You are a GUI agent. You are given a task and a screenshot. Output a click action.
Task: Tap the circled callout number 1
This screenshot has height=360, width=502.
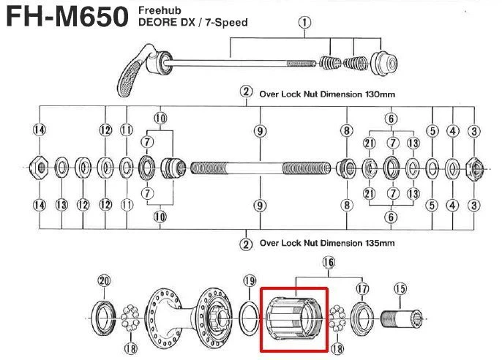coord(303,23)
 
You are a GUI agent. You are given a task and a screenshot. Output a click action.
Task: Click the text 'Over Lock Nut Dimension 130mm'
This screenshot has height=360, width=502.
coord(327,93)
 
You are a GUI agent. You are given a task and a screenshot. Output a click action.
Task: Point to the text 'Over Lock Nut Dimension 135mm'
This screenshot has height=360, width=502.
coord(327,243)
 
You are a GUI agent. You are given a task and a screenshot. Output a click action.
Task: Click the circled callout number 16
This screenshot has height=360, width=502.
coord(328,262)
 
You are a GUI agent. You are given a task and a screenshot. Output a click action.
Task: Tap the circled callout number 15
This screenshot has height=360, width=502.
coord(400,289)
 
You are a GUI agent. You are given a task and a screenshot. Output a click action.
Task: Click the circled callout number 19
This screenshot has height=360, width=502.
coord(250,280)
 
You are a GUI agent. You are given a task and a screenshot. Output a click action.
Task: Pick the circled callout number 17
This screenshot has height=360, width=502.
coord(361,288)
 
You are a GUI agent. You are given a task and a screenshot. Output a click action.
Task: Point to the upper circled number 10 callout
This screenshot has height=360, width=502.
coord(160,117)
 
